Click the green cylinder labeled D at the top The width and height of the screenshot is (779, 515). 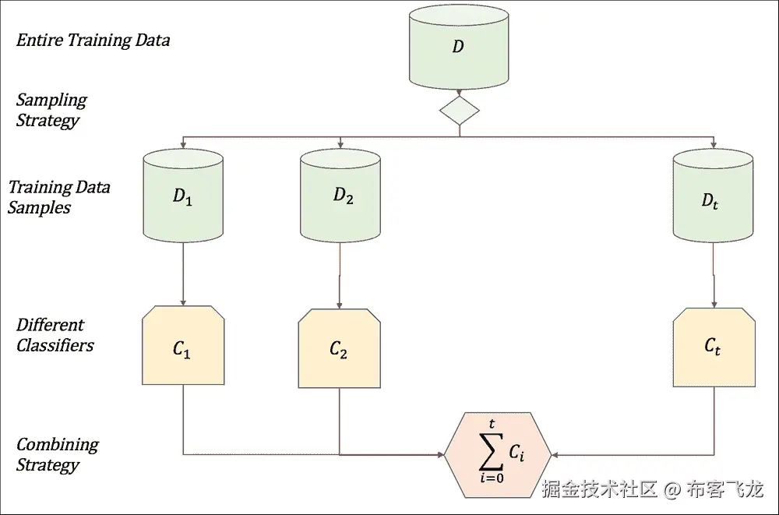click(x=458, y=48)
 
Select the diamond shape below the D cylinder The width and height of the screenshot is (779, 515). click(x=459, y=111)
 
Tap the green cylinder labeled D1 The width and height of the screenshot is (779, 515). click(x=182, y=196)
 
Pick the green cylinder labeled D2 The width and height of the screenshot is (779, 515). click(x=340, y=196)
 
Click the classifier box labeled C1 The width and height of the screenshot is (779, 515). click(x=183, y=347)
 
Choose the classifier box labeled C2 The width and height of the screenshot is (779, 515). click(x=339, y=348)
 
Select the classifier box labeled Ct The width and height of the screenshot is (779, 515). click(x=713, y=347)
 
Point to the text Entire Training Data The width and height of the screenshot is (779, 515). click(x=93, y=41)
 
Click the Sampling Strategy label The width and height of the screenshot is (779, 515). click(x=51, y=110)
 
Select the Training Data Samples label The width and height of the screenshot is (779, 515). click(x=58, y=197)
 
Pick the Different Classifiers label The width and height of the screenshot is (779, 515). click(x=55, y=335)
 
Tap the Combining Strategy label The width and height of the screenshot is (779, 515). click(x=57, y=455)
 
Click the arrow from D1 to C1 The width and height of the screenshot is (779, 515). click(x=182, y=273)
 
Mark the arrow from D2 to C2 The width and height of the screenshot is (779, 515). click(x=340, y=274)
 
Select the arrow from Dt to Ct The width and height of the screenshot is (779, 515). click(x=714, y=274)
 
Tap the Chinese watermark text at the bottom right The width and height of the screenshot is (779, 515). click(x=652, y=490)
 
